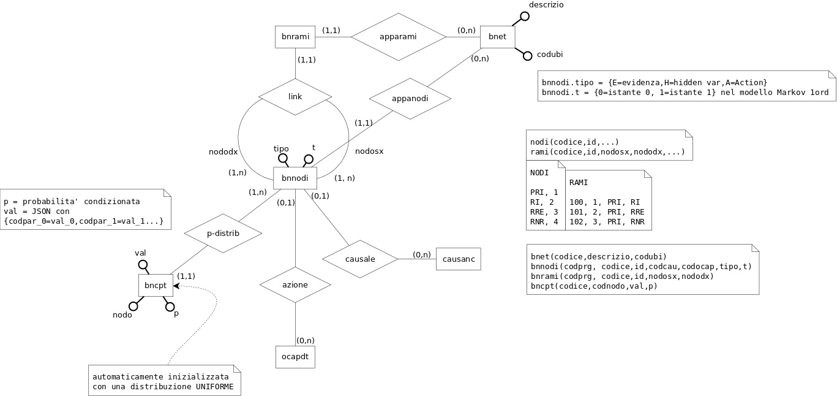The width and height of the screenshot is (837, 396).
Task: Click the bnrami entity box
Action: coord(295,37)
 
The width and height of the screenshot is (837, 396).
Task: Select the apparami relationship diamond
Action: coord(398,37)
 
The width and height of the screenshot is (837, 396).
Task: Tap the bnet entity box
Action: coord(497,37)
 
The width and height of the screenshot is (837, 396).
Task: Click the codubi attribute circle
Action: coord(527,56)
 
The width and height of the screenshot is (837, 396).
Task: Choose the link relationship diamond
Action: coord(295,97)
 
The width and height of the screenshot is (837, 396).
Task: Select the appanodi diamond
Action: coord(410,98)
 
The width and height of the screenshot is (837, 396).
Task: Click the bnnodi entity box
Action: coord(295,178)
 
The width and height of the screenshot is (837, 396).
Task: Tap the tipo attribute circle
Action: coord(283,159)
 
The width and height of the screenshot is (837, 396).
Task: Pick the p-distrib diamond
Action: coord(223,234)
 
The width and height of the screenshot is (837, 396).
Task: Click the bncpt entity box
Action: coord(156,285)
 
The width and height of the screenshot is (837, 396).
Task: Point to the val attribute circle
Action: coord(143,265)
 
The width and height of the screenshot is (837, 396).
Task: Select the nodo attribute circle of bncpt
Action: coord(133,305)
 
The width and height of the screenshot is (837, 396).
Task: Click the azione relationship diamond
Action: coord(295,284)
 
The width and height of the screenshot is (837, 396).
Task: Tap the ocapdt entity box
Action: coord(295,356)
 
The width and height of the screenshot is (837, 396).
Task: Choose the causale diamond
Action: coord(360,259)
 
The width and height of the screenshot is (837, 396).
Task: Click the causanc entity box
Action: coord(459,259)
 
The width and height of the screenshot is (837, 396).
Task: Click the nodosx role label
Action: coord(369,151)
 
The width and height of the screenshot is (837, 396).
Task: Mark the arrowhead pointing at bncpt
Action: coord(176,286)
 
